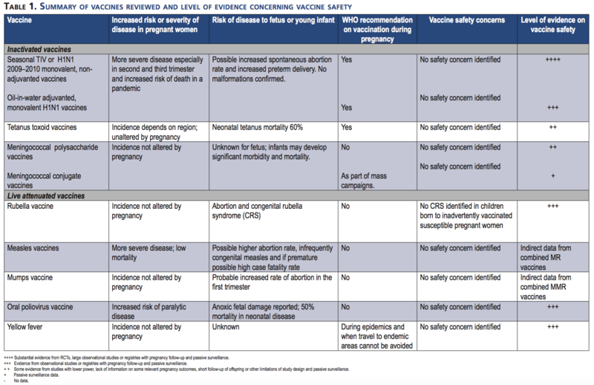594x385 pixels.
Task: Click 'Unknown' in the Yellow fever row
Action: click(x=226, y=326)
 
